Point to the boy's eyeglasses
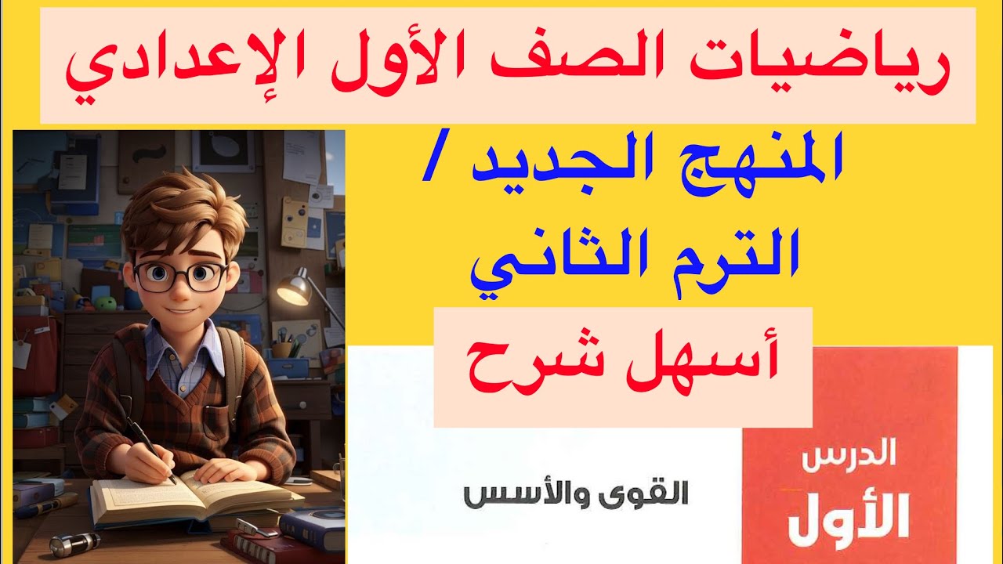[180, 275]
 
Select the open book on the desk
[196, 497]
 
